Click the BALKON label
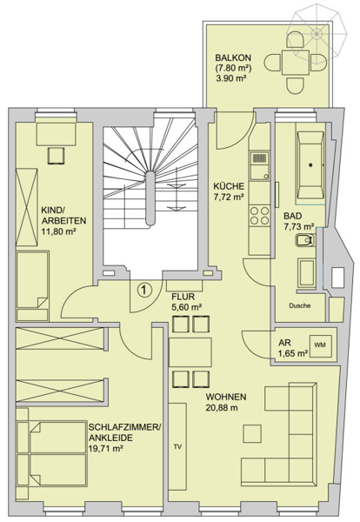[x=233, y=57]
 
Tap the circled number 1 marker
[x=144, y=290]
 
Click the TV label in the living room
[x=177, y=447]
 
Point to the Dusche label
[x=300, y=305]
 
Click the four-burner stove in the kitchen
[x=259, y=215]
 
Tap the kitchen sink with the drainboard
[x=259, y=165]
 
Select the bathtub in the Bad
[x=310, y=164]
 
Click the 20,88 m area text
[x=222, y=407]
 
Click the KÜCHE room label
[x=229, y=186]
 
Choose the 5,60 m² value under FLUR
[x=187, y=307]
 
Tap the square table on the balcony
[x=296, y=63]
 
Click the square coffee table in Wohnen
[x=252, y=433]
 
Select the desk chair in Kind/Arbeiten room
[x=56, y=156]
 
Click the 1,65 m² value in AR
[x=293, y=353]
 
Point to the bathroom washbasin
[x=304, y=240]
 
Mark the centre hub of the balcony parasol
[x=317, y=33]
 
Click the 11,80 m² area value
[x=58, y=231]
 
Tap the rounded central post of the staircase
[x=150, y=198]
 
